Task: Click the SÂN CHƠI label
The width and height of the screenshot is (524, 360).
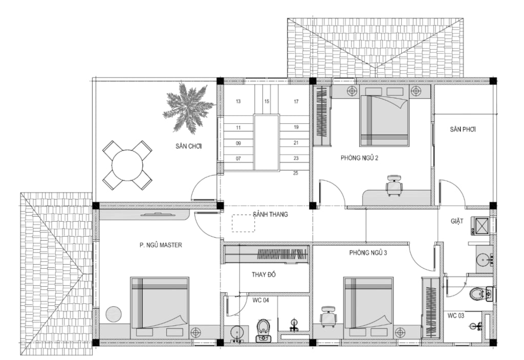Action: [x=188, y=146]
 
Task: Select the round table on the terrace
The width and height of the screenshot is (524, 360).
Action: [x=127, y=165]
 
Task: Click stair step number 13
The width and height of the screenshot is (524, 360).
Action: [x=238, y=101]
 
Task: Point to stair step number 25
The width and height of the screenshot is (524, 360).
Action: [x=296, y=173]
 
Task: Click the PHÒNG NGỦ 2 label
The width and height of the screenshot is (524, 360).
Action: [x=359, y=158]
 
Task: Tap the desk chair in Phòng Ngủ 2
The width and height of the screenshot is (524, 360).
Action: [x=394, y=185]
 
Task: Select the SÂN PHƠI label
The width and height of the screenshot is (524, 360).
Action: [x=463, y=129]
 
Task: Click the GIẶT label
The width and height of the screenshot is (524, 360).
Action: [x=457, y=221]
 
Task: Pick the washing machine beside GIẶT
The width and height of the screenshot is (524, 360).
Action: [x=481, y=225]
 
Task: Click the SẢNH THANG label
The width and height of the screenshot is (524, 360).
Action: [x=270, y=214]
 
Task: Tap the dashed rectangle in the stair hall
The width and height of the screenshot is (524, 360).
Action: [x=244, y=223]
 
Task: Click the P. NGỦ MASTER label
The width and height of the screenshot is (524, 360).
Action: [x=161, y=245]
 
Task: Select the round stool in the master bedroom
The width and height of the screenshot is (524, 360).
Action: [x=114, y=314]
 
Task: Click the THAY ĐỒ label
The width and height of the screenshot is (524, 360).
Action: [x=264, y=274]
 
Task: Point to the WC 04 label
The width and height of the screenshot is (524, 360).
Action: [x=260, y=300]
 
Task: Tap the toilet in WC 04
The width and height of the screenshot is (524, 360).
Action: [x=264, y=331]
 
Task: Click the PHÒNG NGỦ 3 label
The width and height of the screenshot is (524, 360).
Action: [x=368, y=252]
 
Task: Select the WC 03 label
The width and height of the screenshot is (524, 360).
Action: [x=456, y=315]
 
